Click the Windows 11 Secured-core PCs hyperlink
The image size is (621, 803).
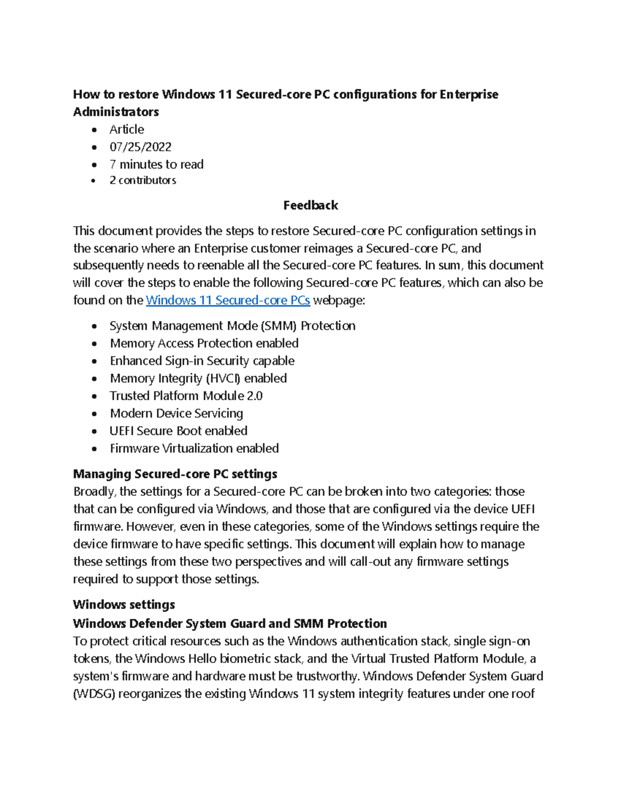228,300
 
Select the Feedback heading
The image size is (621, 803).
310,205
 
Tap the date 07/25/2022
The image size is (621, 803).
140,147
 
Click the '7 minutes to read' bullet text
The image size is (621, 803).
156,164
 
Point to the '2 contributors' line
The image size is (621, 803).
143,180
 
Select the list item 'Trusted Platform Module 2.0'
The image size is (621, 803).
186,396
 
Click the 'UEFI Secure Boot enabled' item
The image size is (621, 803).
178,431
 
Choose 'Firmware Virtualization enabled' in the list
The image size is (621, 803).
194,448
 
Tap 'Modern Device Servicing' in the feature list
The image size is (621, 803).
176,413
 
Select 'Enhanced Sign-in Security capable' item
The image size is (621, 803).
202,361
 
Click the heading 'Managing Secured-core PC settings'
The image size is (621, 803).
175,474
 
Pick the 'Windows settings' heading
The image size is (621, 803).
124,604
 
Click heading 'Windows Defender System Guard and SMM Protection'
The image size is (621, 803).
230,623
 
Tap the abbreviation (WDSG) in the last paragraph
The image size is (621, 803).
94,694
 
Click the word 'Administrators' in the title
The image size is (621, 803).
116,112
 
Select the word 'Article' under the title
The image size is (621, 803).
126,129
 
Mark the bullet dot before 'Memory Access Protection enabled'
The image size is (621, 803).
94,344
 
